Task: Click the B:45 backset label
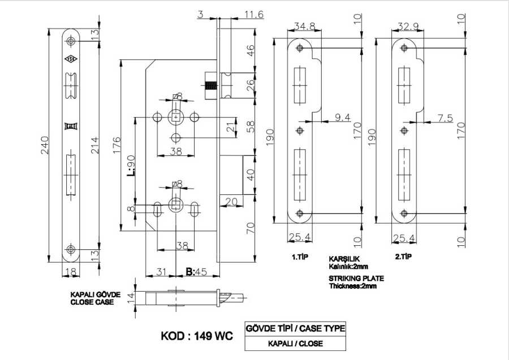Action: point(195,272)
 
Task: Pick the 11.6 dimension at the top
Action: point(254,14)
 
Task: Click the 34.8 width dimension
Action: point(304,26)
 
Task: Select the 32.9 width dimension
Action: point(407,26)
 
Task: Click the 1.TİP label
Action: point(299,257)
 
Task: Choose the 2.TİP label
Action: point(403,257)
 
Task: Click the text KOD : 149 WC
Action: point(197,335)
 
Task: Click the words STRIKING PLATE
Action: point(356,279)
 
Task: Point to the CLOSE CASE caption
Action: point(92,302)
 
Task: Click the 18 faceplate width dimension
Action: point(71,272)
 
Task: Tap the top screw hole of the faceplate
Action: point(71,41)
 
